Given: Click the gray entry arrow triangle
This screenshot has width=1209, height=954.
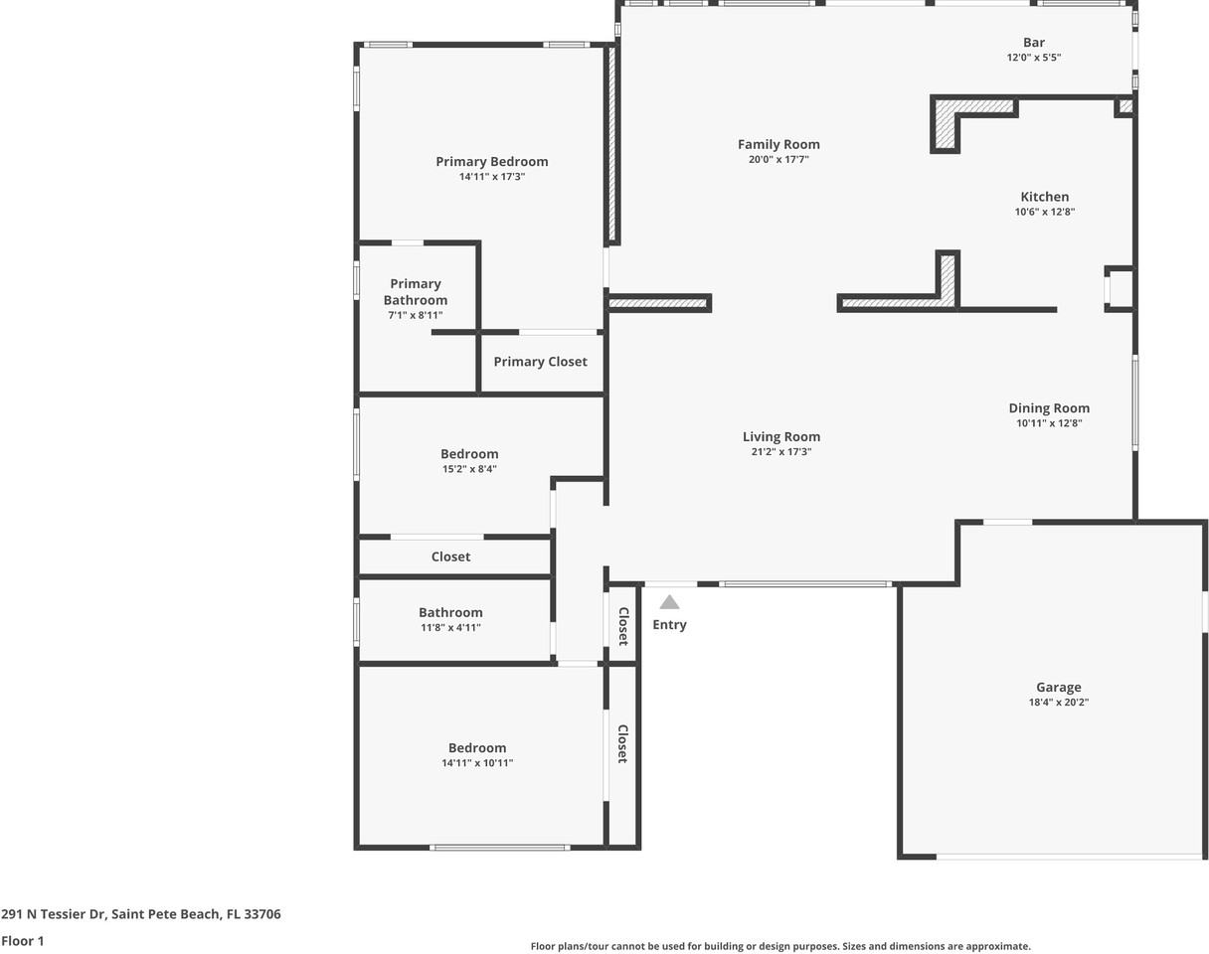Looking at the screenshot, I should point(669,602).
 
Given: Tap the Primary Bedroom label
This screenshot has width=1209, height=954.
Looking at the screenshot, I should point(491,161).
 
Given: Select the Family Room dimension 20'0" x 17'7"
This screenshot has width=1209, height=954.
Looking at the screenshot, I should point(778,160).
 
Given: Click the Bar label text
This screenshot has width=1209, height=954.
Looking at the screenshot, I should point(1034,42).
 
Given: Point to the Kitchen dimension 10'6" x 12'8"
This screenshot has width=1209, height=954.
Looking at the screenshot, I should point(1044,212).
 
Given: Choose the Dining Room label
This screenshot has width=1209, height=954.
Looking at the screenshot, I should point(1049,407).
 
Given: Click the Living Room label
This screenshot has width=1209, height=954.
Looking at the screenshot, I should point(781,436).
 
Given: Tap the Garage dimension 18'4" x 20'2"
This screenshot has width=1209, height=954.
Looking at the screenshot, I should point(1058,703).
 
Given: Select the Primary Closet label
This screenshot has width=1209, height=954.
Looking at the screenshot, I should point(540,362).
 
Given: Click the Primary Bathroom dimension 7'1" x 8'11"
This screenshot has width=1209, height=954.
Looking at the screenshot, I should point(415,315).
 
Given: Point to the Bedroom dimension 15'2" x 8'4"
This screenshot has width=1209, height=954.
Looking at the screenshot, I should point(469,469).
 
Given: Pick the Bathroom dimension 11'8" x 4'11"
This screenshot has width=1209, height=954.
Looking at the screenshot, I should point(450,628).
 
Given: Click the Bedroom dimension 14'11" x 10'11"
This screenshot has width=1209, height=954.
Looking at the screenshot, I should point(477,763).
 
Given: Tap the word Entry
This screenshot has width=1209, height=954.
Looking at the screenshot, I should point(669,625).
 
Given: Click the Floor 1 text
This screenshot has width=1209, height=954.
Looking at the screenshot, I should point(23,941).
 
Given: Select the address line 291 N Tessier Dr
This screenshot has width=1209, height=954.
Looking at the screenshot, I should point(140,914).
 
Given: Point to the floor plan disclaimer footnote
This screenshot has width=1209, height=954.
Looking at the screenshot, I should point(780,947).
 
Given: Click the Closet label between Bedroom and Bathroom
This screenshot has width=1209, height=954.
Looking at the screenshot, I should point(450,556).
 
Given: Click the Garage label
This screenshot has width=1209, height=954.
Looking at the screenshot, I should point(1058,687).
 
